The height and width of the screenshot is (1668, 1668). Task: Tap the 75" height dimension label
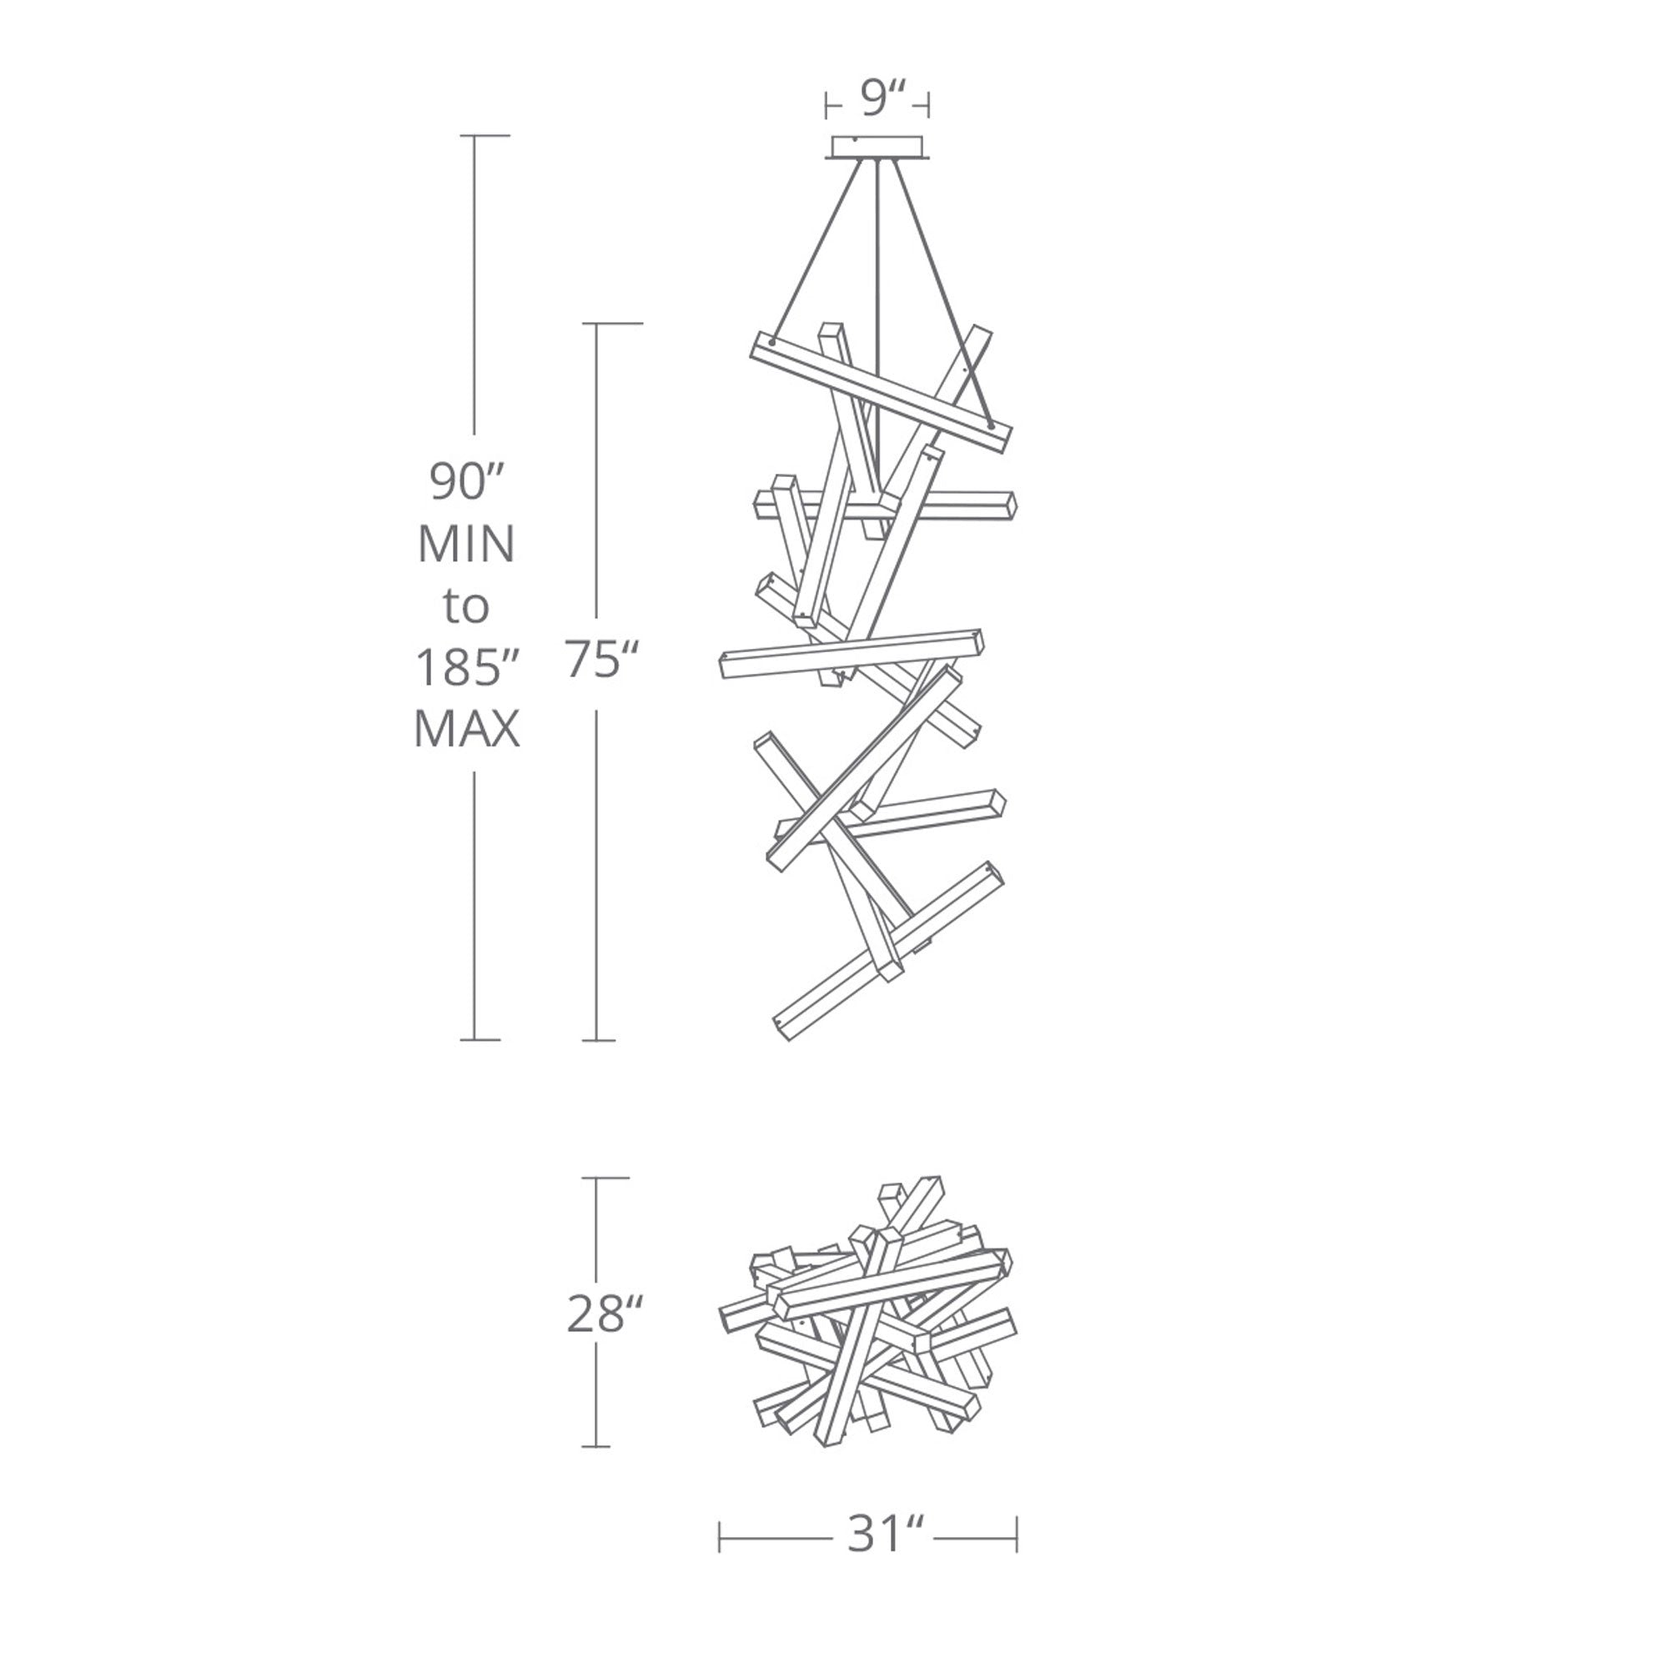602,660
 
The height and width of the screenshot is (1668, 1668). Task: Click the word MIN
466,544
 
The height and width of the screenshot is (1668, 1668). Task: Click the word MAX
466,731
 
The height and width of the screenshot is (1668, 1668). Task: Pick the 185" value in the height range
466,667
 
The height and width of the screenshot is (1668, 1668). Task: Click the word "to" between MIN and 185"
466,606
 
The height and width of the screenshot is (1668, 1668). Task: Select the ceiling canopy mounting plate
877,148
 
